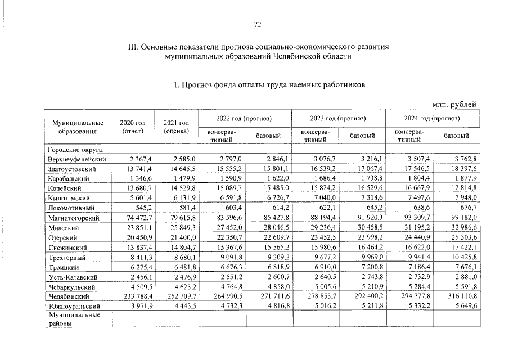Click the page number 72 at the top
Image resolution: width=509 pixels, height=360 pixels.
tap(258, 24)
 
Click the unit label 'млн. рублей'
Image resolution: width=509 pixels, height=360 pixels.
tap(454, 104)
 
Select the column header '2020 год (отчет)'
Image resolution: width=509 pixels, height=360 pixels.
tap(133, 127)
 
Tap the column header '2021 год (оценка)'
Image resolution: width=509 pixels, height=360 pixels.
tap(176, 127)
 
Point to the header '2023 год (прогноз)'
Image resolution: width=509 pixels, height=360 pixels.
tap(338, 118)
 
